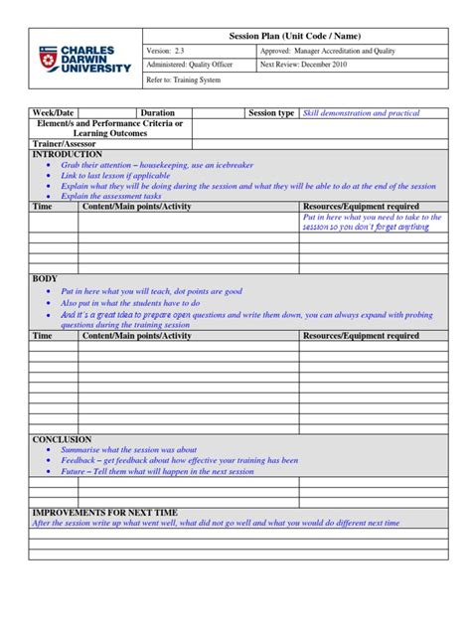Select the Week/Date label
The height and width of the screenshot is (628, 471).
pos(54,113)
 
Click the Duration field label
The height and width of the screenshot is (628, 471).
pos(158,113)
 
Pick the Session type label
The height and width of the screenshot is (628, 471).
pos(271,113)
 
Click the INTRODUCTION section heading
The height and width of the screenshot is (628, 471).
pos(68,155)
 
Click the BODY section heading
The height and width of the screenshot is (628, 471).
pos(46,279)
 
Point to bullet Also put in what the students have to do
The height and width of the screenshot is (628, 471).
pos(130,303)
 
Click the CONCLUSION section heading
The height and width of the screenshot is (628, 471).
pos(62,439)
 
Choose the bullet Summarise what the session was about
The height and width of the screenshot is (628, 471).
pos(129,450)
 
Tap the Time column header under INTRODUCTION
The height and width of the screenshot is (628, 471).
pos(43,207)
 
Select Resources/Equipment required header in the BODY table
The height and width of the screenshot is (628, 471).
pos(361,336)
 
